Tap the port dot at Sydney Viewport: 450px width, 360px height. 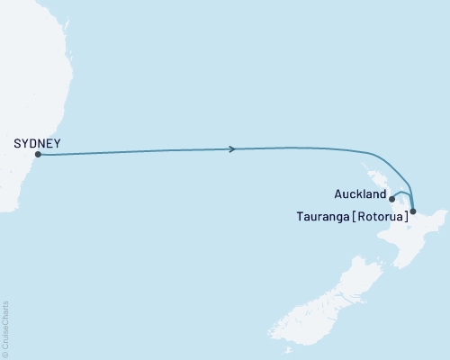pyautogui.click(x=38, y=155)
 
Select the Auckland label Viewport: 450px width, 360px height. pyautogui.click(x=361, y=193)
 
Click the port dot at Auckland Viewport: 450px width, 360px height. pyautogui.click(x=391, y=199)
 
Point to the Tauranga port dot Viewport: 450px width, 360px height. pyautogui.click(x=412, y=211)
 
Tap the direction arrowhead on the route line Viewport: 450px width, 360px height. pyautogui.click(x=234, y=148)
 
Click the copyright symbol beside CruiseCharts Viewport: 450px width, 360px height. pyautogui.click(x=6, y=354)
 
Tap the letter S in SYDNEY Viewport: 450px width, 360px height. pyautogui.click(x=17, y=142)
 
